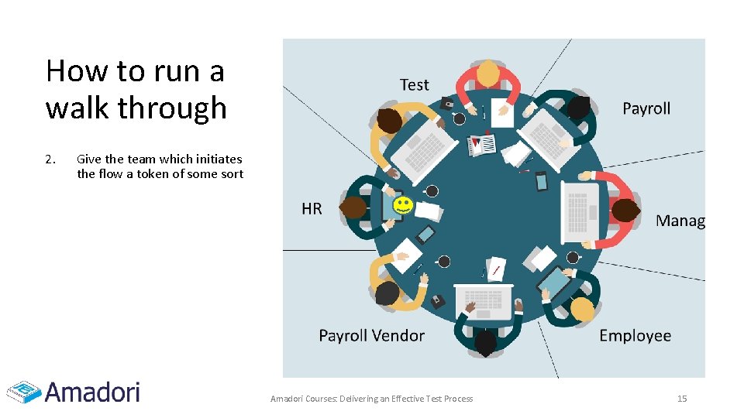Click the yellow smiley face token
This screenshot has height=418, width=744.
pyautogui.click(x=402, y=206)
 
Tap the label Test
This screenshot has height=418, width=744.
pyautogui.click(x=415, y=85)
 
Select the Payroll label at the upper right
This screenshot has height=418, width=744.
pyautogui.click(x=646, y=108)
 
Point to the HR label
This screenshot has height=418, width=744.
pyautogui.click(x=312, y=209)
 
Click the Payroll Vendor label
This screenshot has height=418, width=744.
pyautogui.click(x=372, y=336)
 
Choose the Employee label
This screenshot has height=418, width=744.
pyautogui.click(x=635, y=336)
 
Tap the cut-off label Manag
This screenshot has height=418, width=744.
pyautogui.click(x=680, y=221)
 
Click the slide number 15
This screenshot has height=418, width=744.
pyautogui.click(x=682, y=399)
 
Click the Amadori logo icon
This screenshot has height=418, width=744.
pyautogui.click(x=23, y=392)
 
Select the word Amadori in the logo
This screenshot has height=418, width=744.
pyautogui.click(x=93, y=391)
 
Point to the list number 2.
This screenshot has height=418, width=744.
pyautogui.click(x=50, y=159)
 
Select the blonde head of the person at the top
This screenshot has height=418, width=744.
pyautogui.click(x=488, y=73)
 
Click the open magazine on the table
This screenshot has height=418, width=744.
pyautogui.click(x=483, y=144)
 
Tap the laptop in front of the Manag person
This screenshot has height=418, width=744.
pyautogui.click(x=580, y=207)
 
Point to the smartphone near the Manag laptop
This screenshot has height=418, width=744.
pyautogui.click(x=541, y=181)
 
